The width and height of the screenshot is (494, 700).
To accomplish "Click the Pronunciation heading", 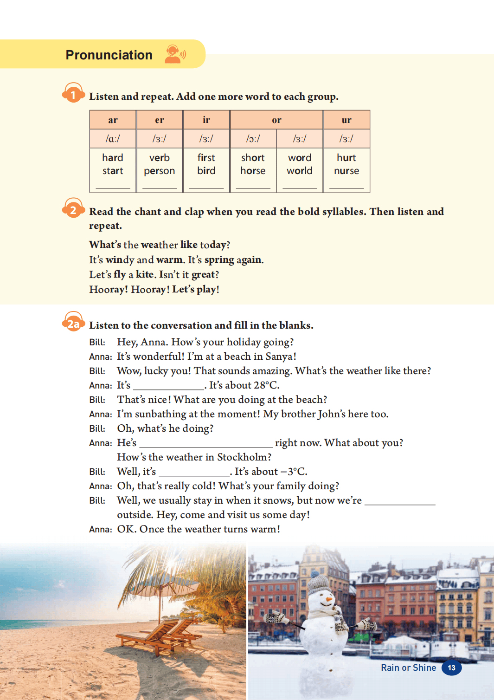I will click(x=109, y=55).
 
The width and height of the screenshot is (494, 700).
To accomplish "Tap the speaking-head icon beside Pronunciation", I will click(x=175, y=54).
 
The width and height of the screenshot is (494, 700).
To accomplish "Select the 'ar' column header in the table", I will click(x=113, y=120).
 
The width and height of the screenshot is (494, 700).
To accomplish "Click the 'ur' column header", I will click(x=346, y=120).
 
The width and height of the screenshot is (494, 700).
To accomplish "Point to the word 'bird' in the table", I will click(x=206, y=171).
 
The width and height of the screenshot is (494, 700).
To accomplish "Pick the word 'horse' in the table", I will click(x=253, y=171).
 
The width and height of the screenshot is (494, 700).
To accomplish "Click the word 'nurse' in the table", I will click(x=346, y=171).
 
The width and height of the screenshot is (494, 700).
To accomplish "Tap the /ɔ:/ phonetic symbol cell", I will click(x=253, y=139).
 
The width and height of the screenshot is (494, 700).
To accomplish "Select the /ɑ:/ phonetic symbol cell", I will click(x=113, y=139).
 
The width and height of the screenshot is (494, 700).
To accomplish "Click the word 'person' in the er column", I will click(x=159, y=171).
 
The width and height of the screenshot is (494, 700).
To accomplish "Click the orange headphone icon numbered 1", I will click(x=73, y=93).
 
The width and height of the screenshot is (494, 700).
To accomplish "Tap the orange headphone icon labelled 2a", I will click(x=73, y=322).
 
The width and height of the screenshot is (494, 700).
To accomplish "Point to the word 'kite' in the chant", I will click(x=145, y=274).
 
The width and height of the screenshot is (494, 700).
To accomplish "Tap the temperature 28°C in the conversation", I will click(x=266, y=385).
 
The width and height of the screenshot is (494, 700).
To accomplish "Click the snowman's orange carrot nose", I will click(x=329, y=599).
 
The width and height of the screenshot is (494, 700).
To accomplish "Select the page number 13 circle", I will click(x=451, y=668).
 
